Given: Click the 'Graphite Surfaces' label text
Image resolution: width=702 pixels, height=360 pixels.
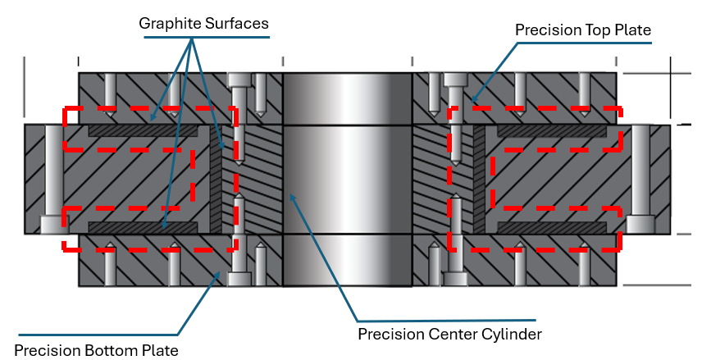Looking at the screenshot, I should pyautogui.click(x=203, y=24).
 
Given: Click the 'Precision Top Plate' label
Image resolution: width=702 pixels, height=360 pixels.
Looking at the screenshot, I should pyautogui.click(x=582, y=30).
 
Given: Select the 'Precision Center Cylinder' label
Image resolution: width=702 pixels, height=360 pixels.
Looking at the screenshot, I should pyautogui.click(x=449, y=334).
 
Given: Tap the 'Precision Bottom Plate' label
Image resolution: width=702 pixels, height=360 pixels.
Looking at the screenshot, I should pyautogui.click(x=96, y=350).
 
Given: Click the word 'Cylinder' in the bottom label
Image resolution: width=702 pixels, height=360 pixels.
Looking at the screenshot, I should pyautogui.click(x=512, y=334).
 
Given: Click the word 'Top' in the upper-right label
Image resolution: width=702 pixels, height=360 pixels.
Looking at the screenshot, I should pyautogui.click(x=593, y=30).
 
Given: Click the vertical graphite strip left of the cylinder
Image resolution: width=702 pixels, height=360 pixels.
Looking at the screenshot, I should pyautogui.click(x=217, y=179).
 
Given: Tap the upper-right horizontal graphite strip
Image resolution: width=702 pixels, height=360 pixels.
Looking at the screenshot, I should pyautogui.click(x=551, y=130).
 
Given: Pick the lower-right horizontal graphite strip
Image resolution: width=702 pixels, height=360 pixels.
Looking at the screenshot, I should pyautogui.click(x=551, y=226).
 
